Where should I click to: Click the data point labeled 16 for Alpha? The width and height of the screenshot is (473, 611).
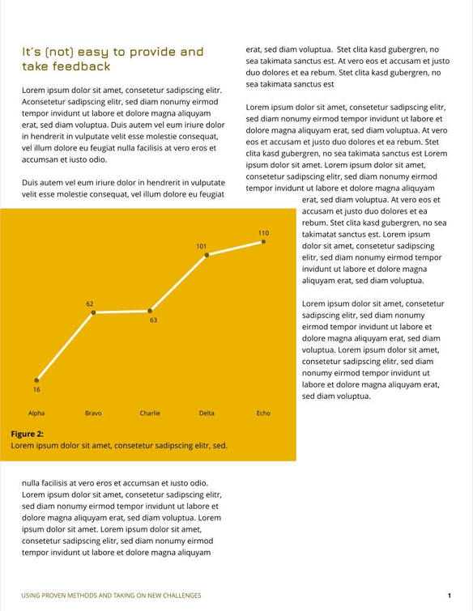coord(36,380)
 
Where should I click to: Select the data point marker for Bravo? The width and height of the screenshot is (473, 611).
coord(93,312)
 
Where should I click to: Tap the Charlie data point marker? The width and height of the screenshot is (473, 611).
coord(150,311)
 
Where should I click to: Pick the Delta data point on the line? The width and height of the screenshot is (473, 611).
coord(207,255)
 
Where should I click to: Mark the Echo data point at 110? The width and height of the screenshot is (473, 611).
coord(263,241)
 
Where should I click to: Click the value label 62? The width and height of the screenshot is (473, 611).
coord(90,303)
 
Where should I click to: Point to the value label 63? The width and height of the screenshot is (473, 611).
coord(153,320)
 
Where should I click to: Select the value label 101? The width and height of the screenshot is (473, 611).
coord(202,246)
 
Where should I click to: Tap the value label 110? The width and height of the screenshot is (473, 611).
coord(263,233)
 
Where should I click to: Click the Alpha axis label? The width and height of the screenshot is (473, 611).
coord(36,414)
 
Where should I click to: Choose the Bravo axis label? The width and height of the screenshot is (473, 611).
coord(93,414)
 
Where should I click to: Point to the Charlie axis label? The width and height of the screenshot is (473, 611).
coord(150,414)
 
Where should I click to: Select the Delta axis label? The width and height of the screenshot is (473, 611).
coord(207,414)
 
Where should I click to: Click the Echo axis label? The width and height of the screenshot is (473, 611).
coord(263,414)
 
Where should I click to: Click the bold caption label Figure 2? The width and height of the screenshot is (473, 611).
coord(28,434)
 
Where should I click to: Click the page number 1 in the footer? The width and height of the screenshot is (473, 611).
coord(449,596)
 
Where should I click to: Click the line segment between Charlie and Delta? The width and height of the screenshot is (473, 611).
coord(178,283)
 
